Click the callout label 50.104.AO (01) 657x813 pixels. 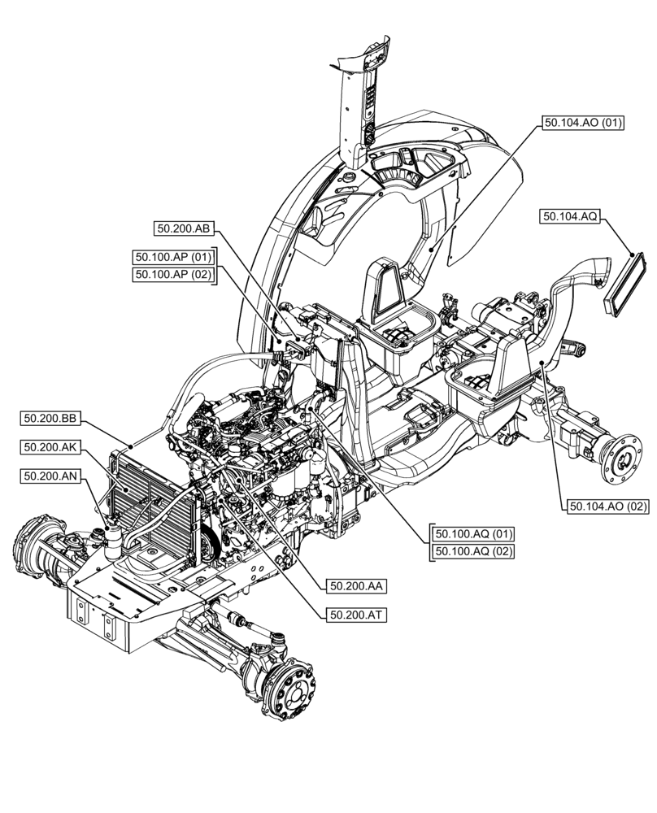[x=582, y=124]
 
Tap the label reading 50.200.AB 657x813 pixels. [x=183, y=229]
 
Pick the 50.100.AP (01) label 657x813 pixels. [x=173, y=258]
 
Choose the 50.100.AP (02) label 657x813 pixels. [x=173, y=275]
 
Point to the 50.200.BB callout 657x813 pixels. [x=50, y=419]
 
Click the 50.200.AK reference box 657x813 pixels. [x=50, y=447]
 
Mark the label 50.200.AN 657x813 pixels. [x=50, y=476]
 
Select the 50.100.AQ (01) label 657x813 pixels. [x=474, y=534]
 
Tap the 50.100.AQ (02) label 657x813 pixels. [x=474, y=552]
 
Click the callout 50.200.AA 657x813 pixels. [x=356, y=585]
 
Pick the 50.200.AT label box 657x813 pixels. [x=356, y=615]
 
